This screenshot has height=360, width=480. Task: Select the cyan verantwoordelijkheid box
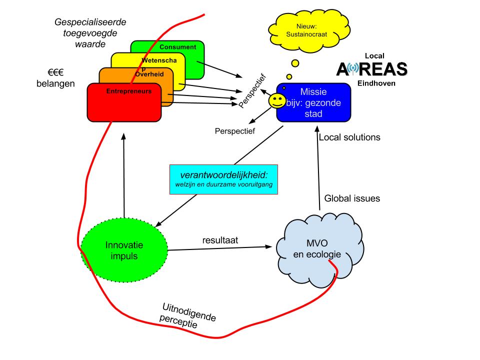pyautogui.click(x=223, y=178)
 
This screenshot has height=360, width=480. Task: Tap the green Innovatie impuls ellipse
pyautogui.click(x=124, y=250)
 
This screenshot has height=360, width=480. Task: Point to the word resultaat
pyautogui.click(x=220, y=240)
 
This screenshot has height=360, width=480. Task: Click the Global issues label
pyautogui.click(x=352, y=198)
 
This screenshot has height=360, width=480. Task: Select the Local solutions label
pyautogui.click(x=349, y=137)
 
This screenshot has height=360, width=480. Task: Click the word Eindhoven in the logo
pyautogui.click(x=376, y=83)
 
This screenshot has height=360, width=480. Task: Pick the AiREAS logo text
pyautogui.click(x=372, y=69)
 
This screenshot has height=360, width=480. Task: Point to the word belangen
pyautogui.click(x=55, y=83)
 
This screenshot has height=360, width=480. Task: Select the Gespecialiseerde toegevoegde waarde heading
pyautogui.click(x=90, y=33)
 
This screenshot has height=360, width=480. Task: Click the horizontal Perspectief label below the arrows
pyautogui.click(x=234, y=131)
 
